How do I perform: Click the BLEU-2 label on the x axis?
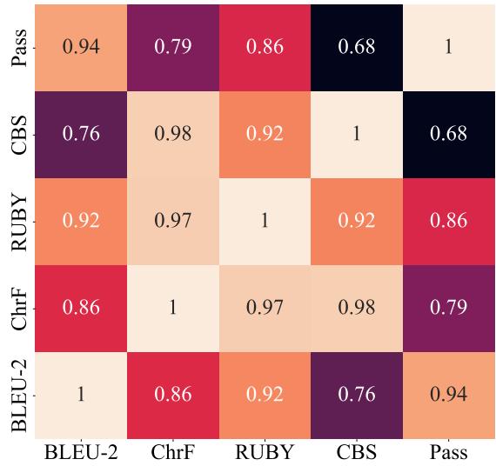(x=81, y=452)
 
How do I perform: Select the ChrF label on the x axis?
(x=172, y=452)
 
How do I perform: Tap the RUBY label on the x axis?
(x=265, y=452)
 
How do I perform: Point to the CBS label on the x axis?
(x=357, y=452)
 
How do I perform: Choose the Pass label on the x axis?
(x=448, y=452)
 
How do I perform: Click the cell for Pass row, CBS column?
(x=357, y=47)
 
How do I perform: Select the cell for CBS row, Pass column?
(x=448, y=134)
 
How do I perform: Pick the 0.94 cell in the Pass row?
(x=81, y=47)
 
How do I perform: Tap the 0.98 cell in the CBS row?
(x=172, y=134)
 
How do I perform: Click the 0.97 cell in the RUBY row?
(x=172, y=222)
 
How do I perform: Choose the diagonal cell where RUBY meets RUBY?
(x=265, y=222)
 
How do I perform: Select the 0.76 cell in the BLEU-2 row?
(x=357, y=396)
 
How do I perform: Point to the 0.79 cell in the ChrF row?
(x=448, y=309)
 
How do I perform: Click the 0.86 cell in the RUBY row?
(x=448, y=222)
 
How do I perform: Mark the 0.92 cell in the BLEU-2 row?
(x=265, y=396)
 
